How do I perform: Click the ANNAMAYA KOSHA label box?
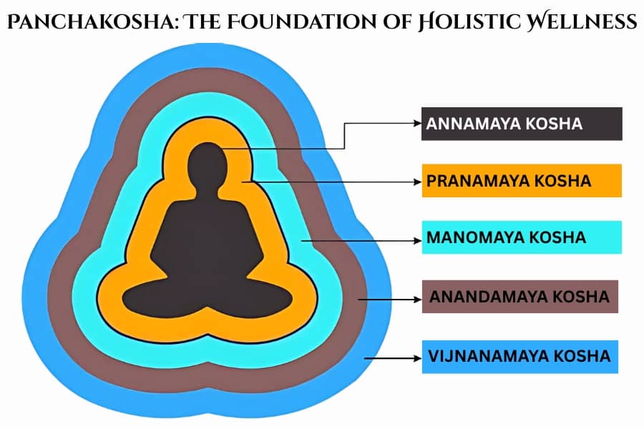coord(521,124)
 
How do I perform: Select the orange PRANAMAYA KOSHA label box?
coord(521,181)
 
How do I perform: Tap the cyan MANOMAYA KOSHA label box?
coord(521,237)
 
